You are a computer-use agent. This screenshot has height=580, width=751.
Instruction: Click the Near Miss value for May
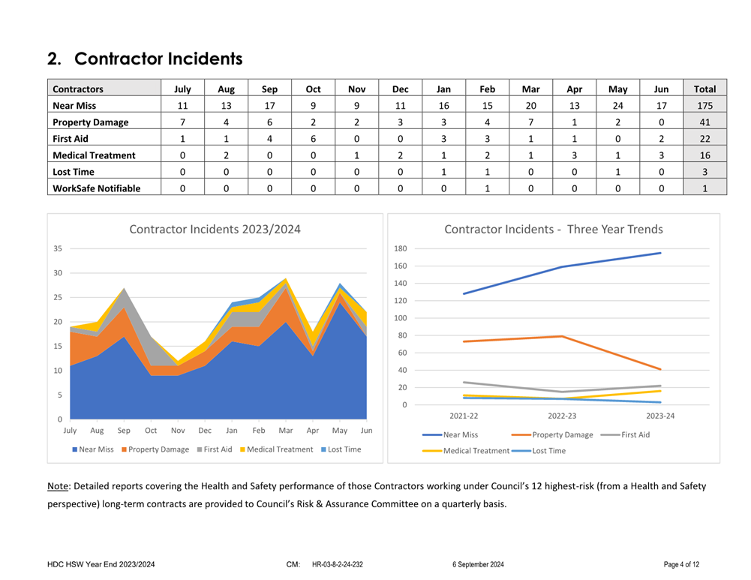(617, 106)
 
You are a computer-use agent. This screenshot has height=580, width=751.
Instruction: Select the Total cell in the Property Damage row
(704, 122)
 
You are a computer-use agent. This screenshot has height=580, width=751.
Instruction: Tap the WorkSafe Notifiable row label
(96, 188)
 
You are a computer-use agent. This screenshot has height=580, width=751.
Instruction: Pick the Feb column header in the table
(487, 89)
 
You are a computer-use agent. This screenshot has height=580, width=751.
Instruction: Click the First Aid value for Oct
(312, 139)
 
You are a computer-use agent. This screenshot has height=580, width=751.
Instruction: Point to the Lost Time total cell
(704, 172)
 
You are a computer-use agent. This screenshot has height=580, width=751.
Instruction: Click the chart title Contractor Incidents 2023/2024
(215, 230)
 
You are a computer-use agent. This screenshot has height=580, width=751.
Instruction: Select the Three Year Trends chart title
(553, 230)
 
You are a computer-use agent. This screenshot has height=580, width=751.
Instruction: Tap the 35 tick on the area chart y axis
(58, 248)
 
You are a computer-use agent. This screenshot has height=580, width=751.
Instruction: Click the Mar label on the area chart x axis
(285, 431)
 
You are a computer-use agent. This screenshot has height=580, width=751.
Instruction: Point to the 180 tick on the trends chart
(400, 249)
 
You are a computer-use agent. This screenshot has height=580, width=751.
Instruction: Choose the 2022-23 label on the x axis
(562, 416)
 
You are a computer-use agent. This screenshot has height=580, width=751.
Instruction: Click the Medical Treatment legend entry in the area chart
(275, 449)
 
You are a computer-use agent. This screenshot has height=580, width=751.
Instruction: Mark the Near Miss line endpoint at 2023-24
(660, 253)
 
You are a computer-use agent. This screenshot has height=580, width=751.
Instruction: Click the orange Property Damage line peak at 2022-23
(562, 336)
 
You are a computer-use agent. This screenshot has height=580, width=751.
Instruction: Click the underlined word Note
(58, 486)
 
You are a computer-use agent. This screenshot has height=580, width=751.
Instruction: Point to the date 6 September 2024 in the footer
(478, 564)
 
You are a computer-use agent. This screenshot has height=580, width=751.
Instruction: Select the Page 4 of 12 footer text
(681, 564)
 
